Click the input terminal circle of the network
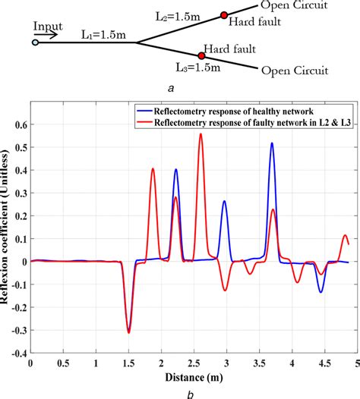coord(34,42)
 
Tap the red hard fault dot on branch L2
coord(224,14)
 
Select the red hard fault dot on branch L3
coord(201,55)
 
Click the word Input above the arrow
coord(47,26)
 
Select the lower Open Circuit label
coord(295,73)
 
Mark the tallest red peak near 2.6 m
coord(201,135)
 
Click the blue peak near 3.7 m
coord(271,143)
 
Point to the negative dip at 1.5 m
coord(129,331)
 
